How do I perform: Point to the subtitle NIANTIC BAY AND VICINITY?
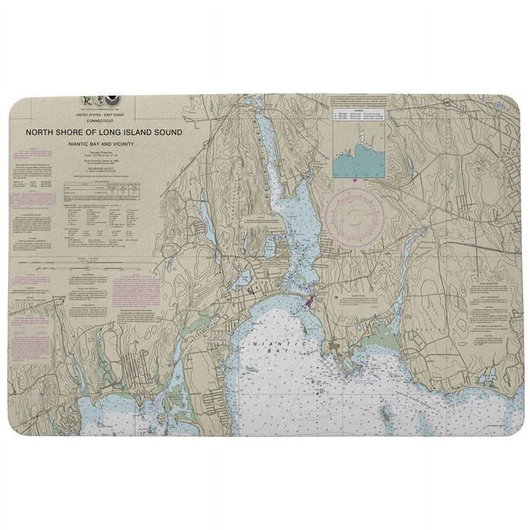(x=101, y=144)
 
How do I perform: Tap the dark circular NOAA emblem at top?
(x=111, y=100)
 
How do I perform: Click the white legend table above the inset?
(x=359, y=115)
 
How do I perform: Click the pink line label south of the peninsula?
(x=364, y=381)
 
